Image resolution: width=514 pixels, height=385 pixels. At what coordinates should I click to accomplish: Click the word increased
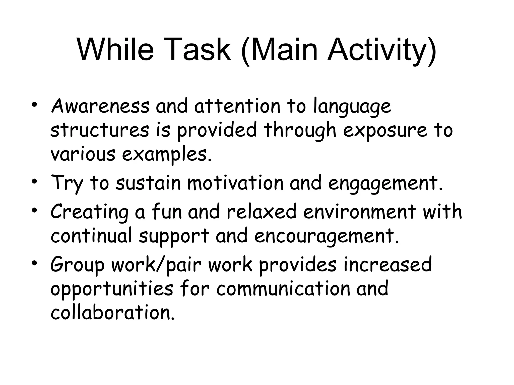point(388,264)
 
